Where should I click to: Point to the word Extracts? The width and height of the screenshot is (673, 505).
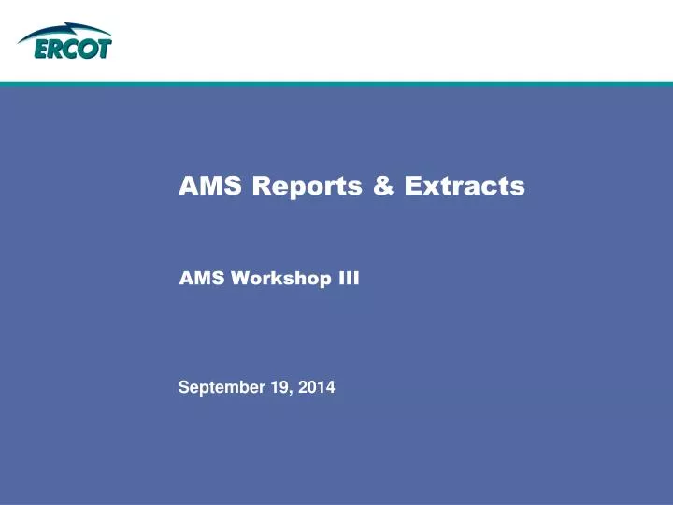pos(465,187)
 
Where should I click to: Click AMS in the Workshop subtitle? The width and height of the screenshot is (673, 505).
pos(196,277)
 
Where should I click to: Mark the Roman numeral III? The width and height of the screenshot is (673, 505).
pos(348,277)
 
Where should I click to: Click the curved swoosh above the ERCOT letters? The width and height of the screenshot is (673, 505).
pos(65,32)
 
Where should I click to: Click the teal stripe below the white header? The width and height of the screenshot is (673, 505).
pos(336,83)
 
